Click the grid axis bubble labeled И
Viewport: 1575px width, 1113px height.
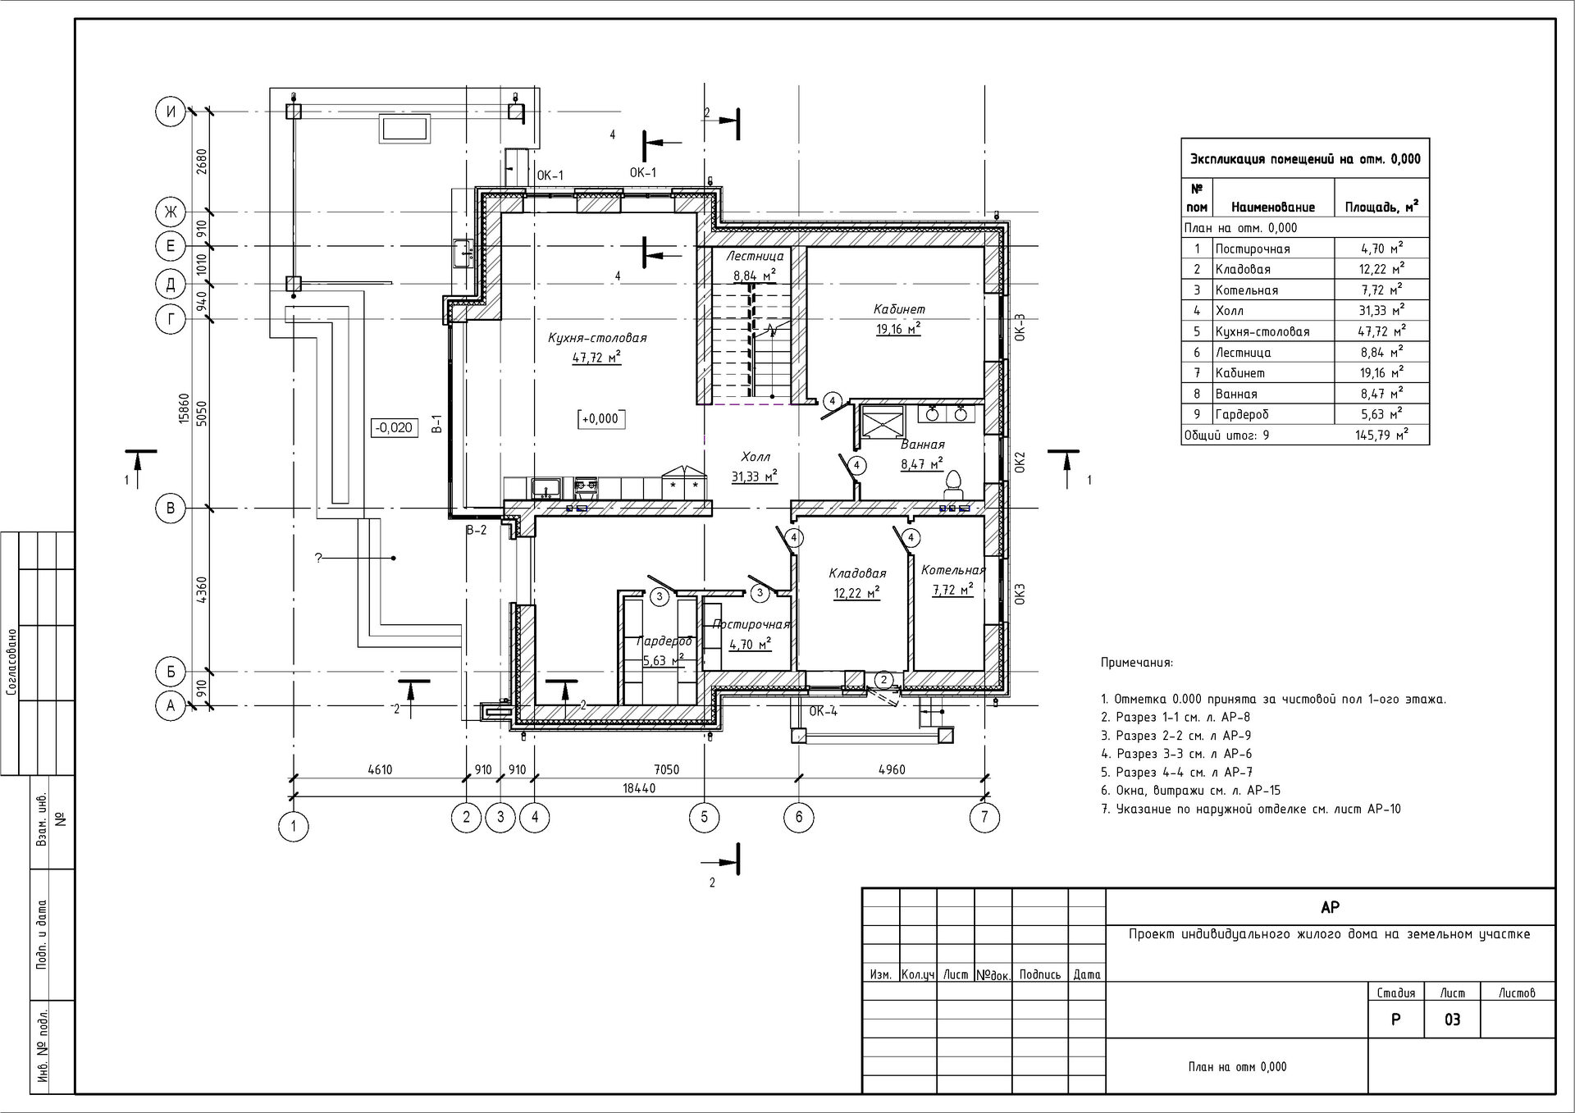(171, 112)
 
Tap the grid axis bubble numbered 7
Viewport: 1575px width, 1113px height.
(984, 817)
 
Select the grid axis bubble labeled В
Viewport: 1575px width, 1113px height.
(171, 509)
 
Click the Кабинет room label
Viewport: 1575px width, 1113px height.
(899, 309)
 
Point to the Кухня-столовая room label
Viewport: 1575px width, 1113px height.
(597, 338)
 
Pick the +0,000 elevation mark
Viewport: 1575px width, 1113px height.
(600, 419)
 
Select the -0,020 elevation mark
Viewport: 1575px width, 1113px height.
(394, 427)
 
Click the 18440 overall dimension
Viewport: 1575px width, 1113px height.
(639, 788)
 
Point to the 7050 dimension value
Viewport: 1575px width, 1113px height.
(665, 769)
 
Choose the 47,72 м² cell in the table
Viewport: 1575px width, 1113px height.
(1382, 331)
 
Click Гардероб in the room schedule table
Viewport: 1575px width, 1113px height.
(1244, 415)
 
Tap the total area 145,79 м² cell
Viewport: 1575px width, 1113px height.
(1382, 435)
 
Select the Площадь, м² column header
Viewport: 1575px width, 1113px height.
(1382, 207)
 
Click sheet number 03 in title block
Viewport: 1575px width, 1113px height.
(1452, 1020)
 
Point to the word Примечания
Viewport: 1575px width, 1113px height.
(1137, 663)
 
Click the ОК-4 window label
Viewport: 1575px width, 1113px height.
(824, 711)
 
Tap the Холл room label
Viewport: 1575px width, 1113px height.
(756, 457)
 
